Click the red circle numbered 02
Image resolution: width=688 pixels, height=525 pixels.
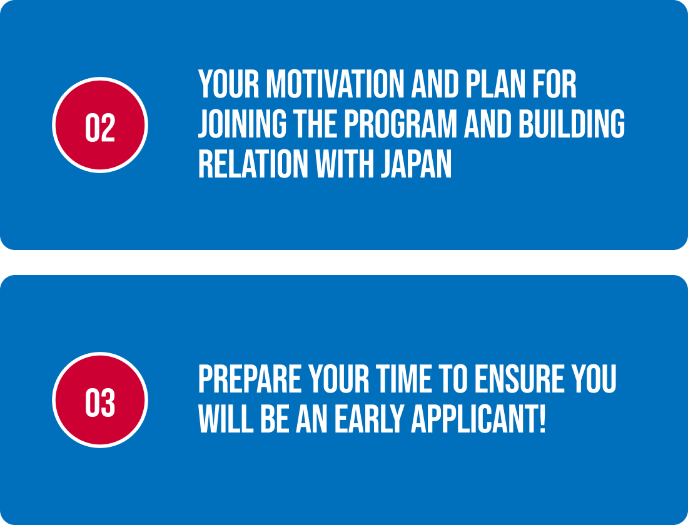tap(100, 125)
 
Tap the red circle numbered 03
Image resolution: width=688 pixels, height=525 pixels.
tap(100, 400)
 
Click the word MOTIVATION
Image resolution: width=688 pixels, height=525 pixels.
tap(335, 84)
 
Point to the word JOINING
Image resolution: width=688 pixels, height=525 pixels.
tap(242, 124)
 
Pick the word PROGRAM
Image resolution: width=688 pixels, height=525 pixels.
tap(400, 124)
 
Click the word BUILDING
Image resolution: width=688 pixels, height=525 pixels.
tap(572, 124)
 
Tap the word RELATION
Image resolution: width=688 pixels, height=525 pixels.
tap(253, 164)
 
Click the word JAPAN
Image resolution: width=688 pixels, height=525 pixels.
tap(417, 164)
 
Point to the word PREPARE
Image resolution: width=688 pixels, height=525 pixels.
tap(250, 379)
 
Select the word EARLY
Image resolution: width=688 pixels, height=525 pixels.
tap(369, 419)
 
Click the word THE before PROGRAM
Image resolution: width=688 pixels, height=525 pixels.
tap(315, 124)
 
